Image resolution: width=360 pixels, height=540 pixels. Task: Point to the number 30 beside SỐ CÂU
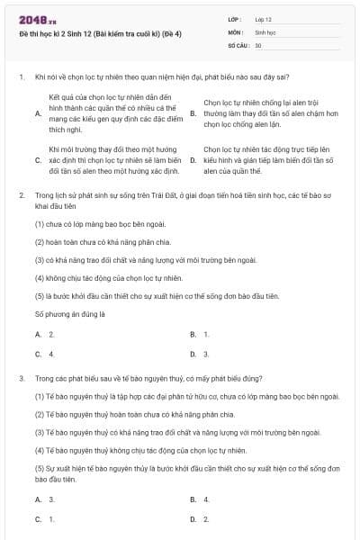click(x=258, y=44)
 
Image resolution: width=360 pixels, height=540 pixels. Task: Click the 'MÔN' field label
click(x=236, y=31)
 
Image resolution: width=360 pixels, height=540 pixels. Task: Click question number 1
click(x=21, y=77)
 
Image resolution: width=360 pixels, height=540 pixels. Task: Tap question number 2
click(x=21, y=194)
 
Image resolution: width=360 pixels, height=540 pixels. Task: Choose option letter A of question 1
click(x=38, y=112)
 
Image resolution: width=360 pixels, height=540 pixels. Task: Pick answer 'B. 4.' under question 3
click(x=200, y=499)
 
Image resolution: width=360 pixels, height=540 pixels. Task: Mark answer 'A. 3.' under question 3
click(x=45, y=499)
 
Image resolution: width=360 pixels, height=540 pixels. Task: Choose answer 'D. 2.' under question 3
click(x=200, y=519)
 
